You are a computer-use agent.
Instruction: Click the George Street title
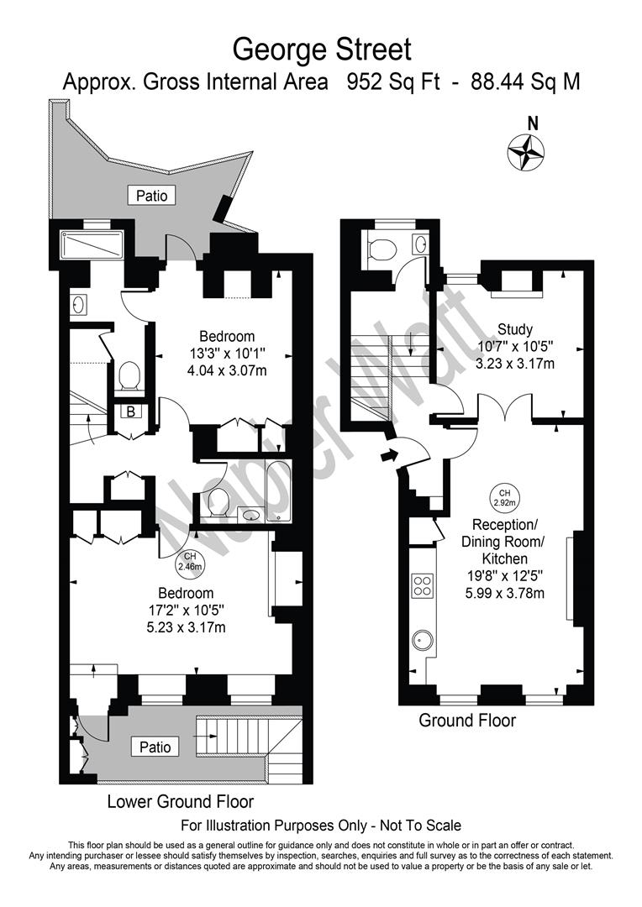tap(321, 50)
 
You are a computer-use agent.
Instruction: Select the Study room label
tap(515, 328)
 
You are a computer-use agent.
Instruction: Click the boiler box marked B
tap(131, 412)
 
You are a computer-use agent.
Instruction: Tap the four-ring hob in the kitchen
tap(422, 585)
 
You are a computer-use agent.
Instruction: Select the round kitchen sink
tap(421, 642)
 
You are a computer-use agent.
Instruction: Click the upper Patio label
tap(152, 196)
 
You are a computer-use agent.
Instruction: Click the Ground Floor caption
tap(467, 721)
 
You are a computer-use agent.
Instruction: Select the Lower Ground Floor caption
tap(180, 801)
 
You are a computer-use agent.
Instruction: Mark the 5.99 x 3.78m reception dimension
tap(504, 593)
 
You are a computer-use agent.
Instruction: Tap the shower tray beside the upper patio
tap(92, 246)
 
